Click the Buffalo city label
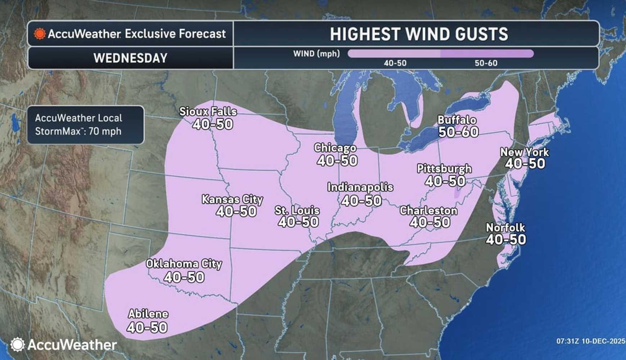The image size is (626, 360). pyautogui.click(x=457, y=120)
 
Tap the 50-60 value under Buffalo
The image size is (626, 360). pyautogui.click(x=458, y=132)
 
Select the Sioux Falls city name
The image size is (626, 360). pyautogui.click(x=208, y=112)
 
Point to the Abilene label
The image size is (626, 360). pyautogui.click(x=148, y=314)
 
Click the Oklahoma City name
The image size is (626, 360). pyautogui.click(x=184, y=264)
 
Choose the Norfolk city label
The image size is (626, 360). pyautogui.click(x=505, y=228)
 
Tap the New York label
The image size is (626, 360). pyautogui.click(x=525, y=152)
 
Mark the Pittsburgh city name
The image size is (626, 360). pyautogui.click(x=444, y=168)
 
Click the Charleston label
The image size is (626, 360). pyautogui.click(x=428, y=211)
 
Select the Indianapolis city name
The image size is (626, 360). pyautogui.click(x=360, y=187)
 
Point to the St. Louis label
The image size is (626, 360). pyautogui.click(x=297, y=211)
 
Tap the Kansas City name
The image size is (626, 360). pyautogui.click(x=232, y=199)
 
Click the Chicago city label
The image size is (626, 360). pyautogui.click(x=335, y=148)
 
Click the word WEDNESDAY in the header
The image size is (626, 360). pyautogui.click(x=130, y=58)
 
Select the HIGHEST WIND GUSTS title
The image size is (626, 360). pyautogui.click(x=419, y=34)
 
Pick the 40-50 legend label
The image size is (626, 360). pyautogui.click(x=395, y=63)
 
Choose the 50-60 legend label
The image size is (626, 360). pyautogui.click(x=486, y=63)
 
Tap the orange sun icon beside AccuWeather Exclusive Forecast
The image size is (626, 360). pyautogui.click(x=40, y=34)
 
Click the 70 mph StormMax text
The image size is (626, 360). pyautogui.click(x=105, y=131)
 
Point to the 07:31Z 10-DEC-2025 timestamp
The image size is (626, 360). pyautogui.click(x=590, y=341)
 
